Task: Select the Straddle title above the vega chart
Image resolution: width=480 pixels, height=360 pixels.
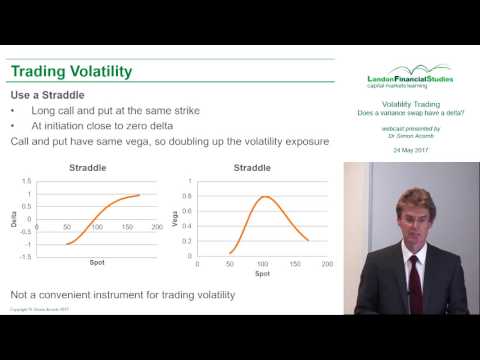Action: click(262, 170)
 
